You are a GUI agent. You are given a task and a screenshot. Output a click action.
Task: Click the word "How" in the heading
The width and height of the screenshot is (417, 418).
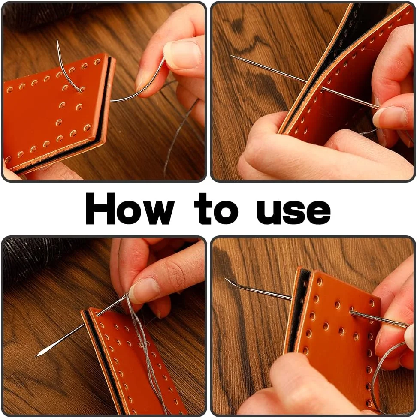130,208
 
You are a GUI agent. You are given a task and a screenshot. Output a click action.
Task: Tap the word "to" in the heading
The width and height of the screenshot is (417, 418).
216,208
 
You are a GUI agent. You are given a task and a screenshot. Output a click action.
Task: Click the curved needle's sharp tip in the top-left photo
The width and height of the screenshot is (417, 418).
57,40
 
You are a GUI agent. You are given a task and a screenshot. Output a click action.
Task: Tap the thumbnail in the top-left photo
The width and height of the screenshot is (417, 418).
182,54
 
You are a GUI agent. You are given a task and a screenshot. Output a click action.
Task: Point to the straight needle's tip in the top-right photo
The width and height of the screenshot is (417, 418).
231,56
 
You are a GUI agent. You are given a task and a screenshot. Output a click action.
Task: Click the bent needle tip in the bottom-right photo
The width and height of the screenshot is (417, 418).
225,279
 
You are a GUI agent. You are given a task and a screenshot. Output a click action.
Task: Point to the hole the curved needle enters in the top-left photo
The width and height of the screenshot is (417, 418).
81,90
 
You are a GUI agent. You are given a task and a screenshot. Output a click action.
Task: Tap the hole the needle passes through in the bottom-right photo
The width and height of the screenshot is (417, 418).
352,312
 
